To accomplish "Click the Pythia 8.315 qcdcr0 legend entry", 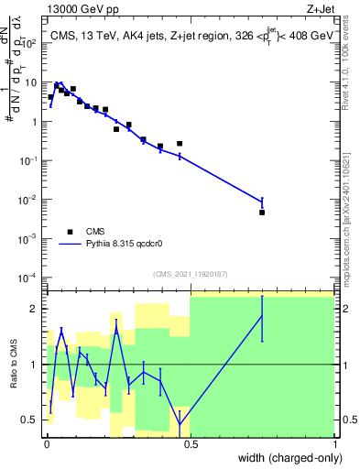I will [120, 245].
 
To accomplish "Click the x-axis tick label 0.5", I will [191, 442].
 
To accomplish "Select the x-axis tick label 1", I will [334, 442].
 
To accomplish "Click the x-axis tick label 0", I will [46, 442].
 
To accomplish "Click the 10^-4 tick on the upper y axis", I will [31, 278].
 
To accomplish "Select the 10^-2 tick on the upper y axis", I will [31, 200].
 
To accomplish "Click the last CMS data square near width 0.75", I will [262, 213].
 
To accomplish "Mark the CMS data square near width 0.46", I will [180, 144].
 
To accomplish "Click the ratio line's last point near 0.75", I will [262, 316].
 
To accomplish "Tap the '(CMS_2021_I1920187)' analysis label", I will [190, 274].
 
